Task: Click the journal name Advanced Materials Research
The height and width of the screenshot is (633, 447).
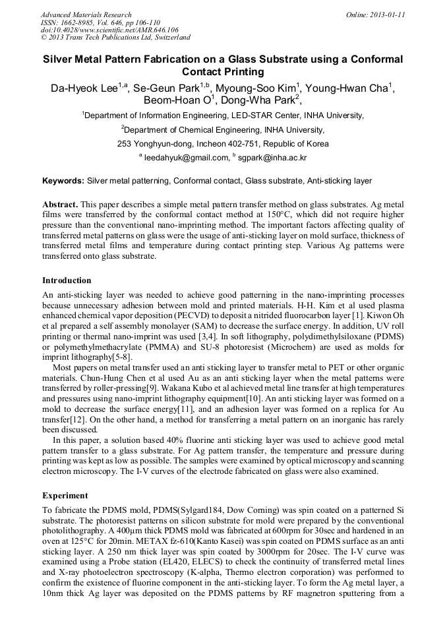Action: click(86, 15)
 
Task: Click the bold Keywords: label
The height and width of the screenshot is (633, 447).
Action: click(63, 180)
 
